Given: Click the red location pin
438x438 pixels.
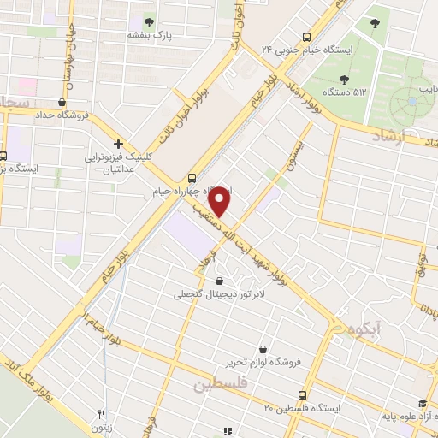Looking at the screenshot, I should click(221, 202).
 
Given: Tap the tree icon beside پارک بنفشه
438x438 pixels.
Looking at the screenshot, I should click(150, 22).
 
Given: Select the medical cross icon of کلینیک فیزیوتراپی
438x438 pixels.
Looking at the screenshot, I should click(118, 144).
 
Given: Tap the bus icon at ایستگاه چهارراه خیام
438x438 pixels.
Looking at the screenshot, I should click(191, 178).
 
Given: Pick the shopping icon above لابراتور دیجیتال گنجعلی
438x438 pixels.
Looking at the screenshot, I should click(220, 281).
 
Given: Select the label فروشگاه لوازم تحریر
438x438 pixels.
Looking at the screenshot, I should click(265, 361).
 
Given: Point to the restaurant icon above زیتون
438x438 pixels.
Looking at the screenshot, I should click(101, 412).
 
